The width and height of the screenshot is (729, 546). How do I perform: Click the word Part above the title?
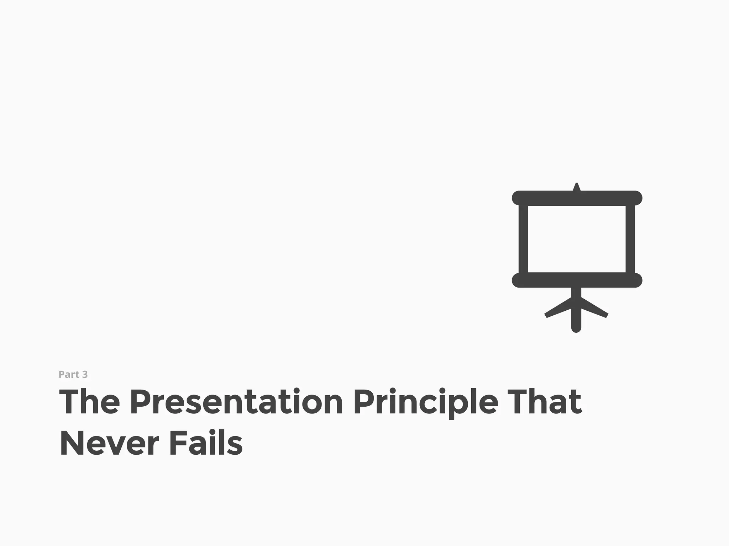pos(69,374)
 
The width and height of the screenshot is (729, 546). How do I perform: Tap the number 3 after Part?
pos(85,374)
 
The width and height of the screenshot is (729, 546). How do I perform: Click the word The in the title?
pos(89,402)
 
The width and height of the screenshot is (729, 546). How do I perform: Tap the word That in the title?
pos(545,402)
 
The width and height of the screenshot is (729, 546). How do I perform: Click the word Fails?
pos(206,444)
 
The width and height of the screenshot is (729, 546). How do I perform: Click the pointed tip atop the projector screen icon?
pos(577,186)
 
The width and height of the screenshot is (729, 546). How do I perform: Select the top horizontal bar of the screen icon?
pos(577,198)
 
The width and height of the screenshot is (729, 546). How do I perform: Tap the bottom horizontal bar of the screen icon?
pos(577,280)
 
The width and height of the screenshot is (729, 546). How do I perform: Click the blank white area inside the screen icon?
pos(577,239)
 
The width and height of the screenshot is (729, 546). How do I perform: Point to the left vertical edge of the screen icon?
pos(523,239)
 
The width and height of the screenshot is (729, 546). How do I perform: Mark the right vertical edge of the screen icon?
pos(630,239)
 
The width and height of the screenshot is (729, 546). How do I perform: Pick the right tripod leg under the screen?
pos(595,309)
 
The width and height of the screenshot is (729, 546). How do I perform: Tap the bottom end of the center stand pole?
pos(576,328)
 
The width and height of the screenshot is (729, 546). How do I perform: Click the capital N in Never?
pos(72,444)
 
